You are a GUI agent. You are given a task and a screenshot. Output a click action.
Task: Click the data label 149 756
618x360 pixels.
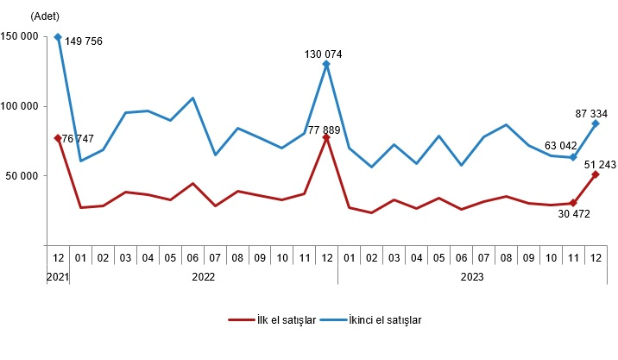coord(84,41)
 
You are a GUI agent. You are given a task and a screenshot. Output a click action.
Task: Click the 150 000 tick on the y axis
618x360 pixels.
coord(19,37)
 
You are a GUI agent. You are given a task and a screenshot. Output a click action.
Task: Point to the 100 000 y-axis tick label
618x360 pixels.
coord(19,106)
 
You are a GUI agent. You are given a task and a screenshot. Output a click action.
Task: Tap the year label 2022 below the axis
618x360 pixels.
coord(203,277)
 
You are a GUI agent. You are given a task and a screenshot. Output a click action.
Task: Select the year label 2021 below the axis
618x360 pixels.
coord(57,277)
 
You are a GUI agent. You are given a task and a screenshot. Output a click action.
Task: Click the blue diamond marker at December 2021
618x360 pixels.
coord(58,37)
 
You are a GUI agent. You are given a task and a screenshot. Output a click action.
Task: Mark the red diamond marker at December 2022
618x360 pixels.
coord(326,136)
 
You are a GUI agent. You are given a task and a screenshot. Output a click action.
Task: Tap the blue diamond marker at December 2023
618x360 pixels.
coord(595,123)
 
